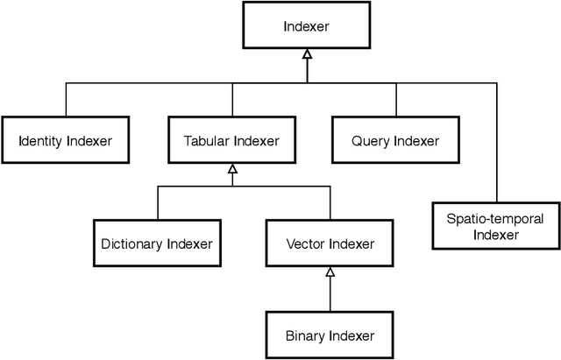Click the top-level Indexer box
(x=305, y=26)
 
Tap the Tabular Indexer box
(x=231, y=140)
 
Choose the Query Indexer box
(x=395, y=140)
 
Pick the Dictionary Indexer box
(x=157, y=244)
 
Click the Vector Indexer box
(x=330, y=244)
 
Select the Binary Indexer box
(x=330, y=335)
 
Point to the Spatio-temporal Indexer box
(x=496, y=226)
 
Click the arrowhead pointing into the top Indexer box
(x=305, y=54)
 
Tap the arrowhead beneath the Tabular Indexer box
(x=231, y=168)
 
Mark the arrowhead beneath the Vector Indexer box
(x=330, y=272)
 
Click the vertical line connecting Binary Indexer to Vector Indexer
(x=330, y=293)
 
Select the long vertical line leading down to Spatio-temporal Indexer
(x=496, y=140)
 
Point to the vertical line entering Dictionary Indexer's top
(x=158, y=203)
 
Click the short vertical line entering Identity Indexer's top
(x=64, y=101)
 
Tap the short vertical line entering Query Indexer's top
(x=395, y=101)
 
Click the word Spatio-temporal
(x=496, y=218)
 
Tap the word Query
(x=370, y=140)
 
